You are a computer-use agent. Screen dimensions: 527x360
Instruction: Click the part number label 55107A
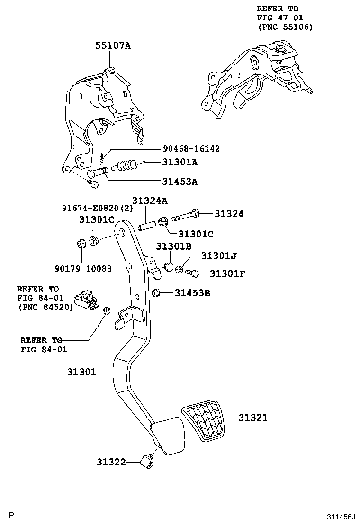pyautogui.click(x=113, y=46)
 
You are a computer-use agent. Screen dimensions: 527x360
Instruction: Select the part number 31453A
pyautogui.click(x=180, y=181)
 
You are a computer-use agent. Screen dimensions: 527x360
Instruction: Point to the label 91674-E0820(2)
pyautogui.click(x=98, y=207)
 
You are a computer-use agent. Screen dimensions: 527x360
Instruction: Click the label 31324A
pyautogui.click(x=150, y=200)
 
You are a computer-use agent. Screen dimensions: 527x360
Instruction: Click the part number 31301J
pyautogui.click(x=218, y=256)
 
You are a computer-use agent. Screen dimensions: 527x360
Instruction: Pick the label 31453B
pyautogui.click(x=192, y=293)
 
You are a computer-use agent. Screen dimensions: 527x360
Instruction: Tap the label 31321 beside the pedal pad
pyautogui.click(x=253, y=418)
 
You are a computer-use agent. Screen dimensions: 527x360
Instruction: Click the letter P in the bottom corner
pyautogui.click(x=12, y=515)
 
